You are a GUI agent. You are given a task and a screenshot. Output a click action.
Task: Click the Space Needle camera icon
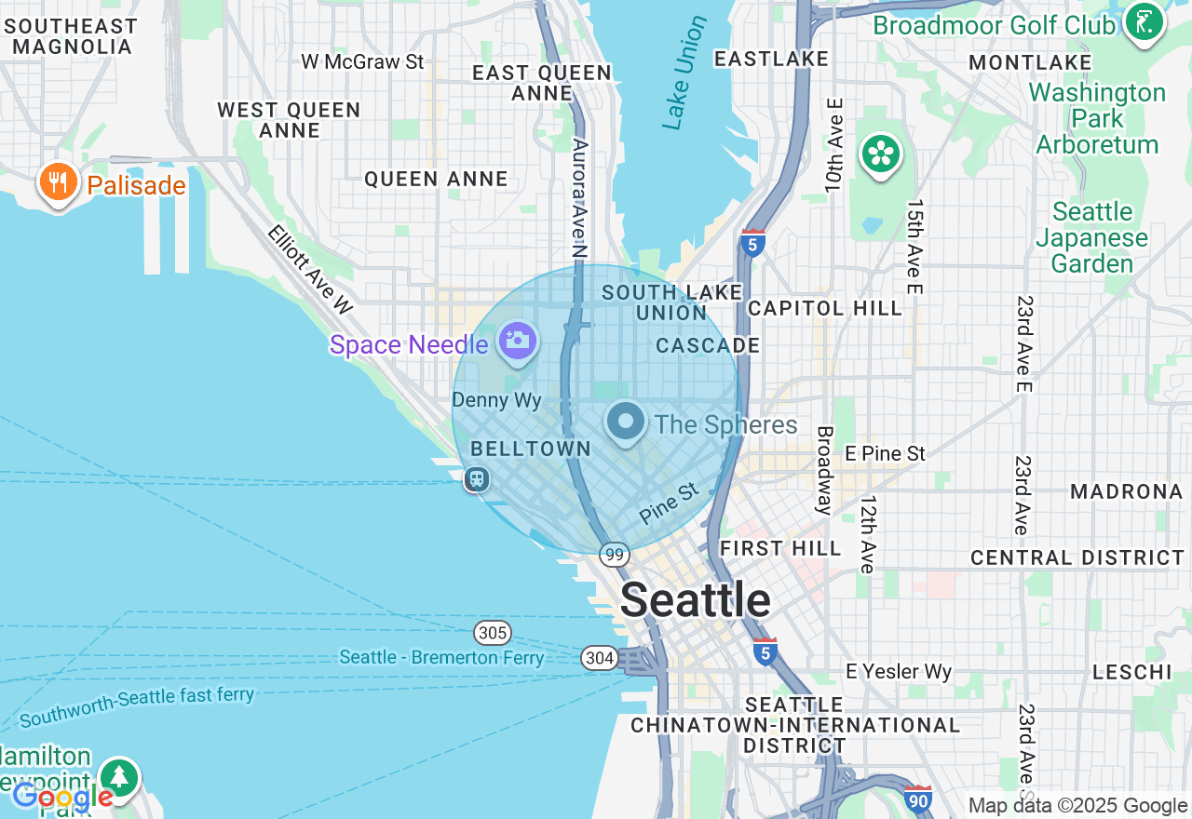[517, 341]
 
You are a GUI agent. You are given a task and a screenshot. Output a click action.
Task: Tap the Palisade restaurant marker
[59, 181]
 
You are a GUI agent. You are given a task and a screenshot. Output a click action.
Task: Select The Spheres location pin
[626, 422]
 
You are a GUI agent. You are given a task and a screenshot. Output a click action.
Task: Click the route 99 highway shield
[614, 555]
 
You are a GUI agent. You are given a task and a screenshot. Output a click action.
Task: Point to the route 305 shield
[492, 634]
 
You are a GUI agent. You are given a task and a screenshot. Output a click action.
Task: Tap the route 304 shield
[600, 658]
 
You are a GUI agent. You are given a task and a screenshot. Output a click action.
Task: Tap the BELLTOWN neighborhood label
[531, 449]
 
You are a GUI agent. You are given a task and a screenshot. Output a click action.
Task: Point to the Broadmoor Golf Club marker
[1144, 21]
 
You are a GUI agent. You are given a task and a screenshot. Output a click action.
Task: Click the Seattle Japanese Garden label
[1091, 237]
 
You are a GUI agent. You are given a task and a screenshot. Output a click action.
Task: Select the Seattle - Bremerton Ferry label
[441, 658]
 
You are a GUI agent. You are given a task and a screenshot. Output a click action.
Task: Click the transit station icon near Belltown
[477, 479]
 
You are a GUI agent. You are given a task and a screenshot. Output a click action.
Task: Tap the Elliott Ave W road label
[310, 267]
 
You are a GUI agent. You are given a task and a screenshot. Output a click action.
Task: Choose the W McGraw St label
[362, 62]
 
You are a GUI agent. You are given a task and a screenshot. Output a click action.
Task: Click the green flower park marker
[881, 154]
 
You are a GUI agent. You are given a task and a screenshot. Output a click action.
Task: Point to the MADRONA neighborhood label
[1126, 491]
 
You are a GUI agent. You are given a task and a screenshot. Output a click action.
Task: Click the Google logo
[62, 797]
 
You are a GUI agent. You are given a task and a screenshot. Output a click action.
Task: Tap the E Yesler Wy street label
[898, 671]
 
